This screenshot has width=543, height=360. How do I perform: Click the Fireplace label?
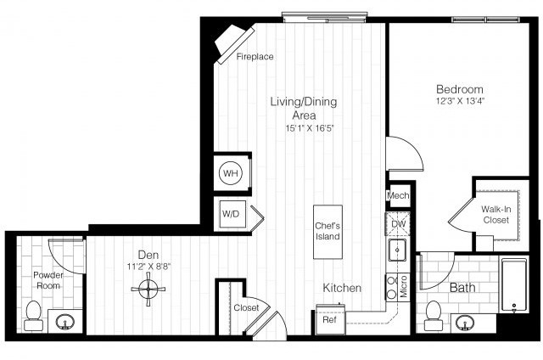(x=255, y=58)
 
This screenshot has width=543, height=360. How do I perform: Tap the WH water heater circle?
(x=230, y=173)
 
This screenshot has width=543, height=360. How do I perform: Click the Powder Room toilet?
(x=35, y=314)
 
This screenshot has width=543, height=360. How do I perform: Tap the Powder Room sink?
(x=66, y=323)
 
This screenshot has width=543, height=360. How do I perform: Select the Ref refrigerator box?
(x=328, y=320)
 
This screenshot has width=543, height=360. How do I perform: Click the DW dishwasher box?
(x=398, y=224)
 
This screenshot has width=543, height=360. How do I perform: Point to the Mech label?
(x=398, y=196)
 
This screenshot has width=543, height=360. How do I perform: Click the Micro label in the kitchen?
(x=403, y=287)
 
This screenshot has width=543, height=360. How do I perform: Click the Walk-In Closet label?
(x=495, y=213)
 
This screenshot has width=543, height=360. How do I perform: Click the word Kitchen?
(x=342, y=289)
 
